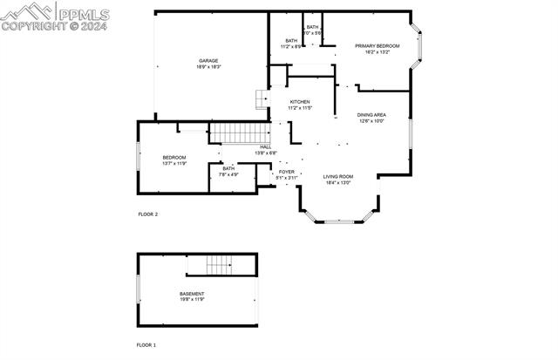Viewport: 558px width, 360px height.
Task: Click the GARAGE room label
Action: click(x=208, y=60)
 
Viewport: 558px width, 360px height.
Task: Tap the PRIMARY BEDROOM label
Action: click(x=377, y=45)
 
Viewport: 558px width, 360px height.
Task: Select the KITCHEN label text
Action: click(x=300, y=102)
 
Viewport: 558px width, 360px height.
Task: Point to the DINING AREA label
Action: click(x=371, y=115)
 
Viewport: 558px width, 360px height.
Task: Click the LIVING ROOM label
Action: click(x=337, y=177)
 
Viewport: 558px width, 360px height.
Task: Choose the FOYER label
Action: click(x=286, y=172)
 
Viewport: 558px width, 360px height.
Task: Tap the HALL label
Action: click(x=266, y=146)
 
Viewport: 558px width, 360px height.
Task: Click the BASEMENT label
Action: click(x=192, y=294)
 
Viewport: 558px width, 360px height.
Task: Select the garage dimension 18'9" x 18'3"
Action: click(x=208, y=66)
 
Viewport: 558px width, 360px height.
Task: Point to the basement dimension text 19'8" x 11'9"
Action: click(x=192, y=300)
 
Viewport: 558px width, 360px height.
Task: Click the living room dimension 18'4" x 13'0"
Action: click(x=337, y=183)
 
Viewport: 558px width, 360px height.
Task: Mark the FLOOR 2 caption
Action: click(x=148, y=214)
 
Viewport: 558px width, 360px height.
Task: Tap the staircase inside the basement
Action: click(x=218, y=264)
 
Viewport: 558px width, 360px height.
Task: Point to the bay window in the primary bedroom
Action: click(x=418, y=49)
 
